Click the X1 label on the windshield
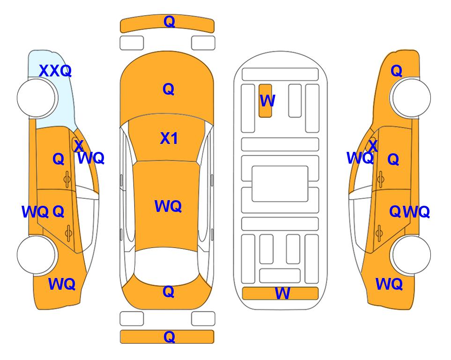[x=169, y=138]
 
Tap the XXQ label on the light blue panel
[x=55, y=71]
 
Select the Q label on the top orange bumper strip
[x=169, y=21]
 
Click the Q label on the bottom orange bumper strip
[x=169, y=337]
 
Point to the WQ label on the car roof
[x=168, y=206]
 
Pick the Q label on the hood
[x=169, y=89]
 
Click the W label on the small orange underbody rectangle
[x=267, y=101]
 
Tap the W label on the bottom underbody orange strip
[x=282, y=293]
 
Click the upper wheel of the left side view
[x=36, y=98]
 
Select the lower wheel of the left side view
[x=36, y=255]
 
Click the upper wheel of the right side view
[x=411, y=98]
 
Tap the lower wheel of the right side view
[x=411, y=255]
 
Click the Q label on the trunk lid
[x=169, y=292]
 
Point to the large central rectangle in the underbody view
[x=280, y=184]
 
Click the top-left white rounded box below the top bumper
[x=132, y=43]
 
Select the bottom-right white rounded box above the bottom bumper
[x=203, y=319]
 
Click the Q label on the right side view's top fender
[x=396, y=71]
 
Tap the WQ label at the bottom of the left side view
[x=62, y=284]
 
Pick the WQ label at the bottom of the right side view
[x=389, y=284]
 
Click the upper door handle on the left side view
[x=67, y=180]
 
